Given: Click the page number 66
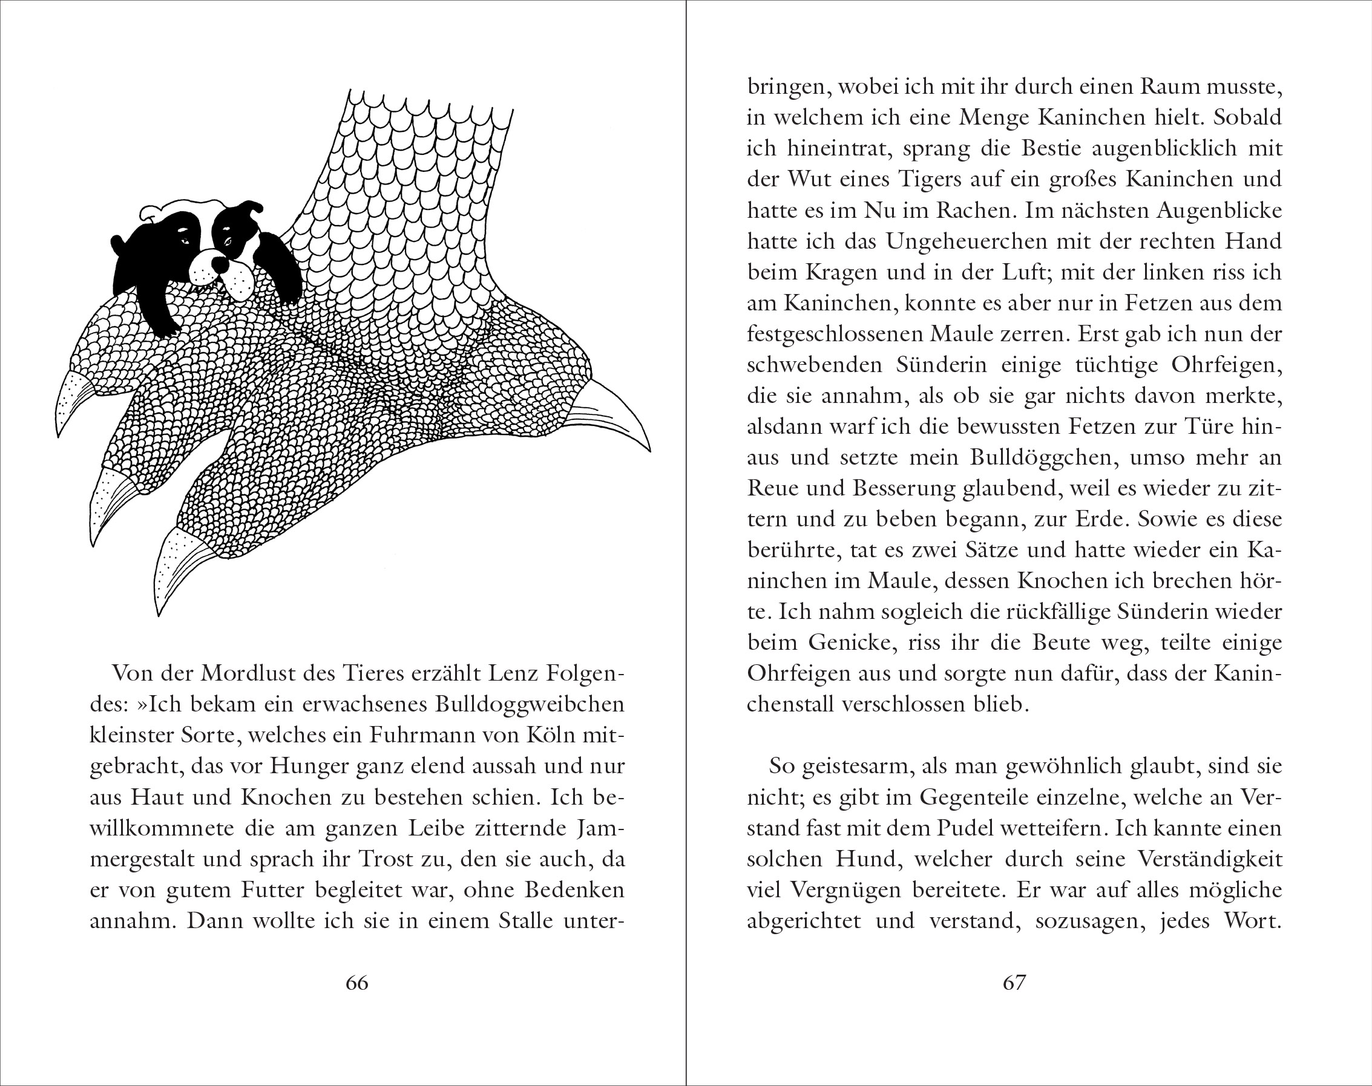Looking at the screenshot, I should pos(357,983).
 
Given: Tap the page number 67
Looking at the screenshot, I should pos(1014,983).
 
